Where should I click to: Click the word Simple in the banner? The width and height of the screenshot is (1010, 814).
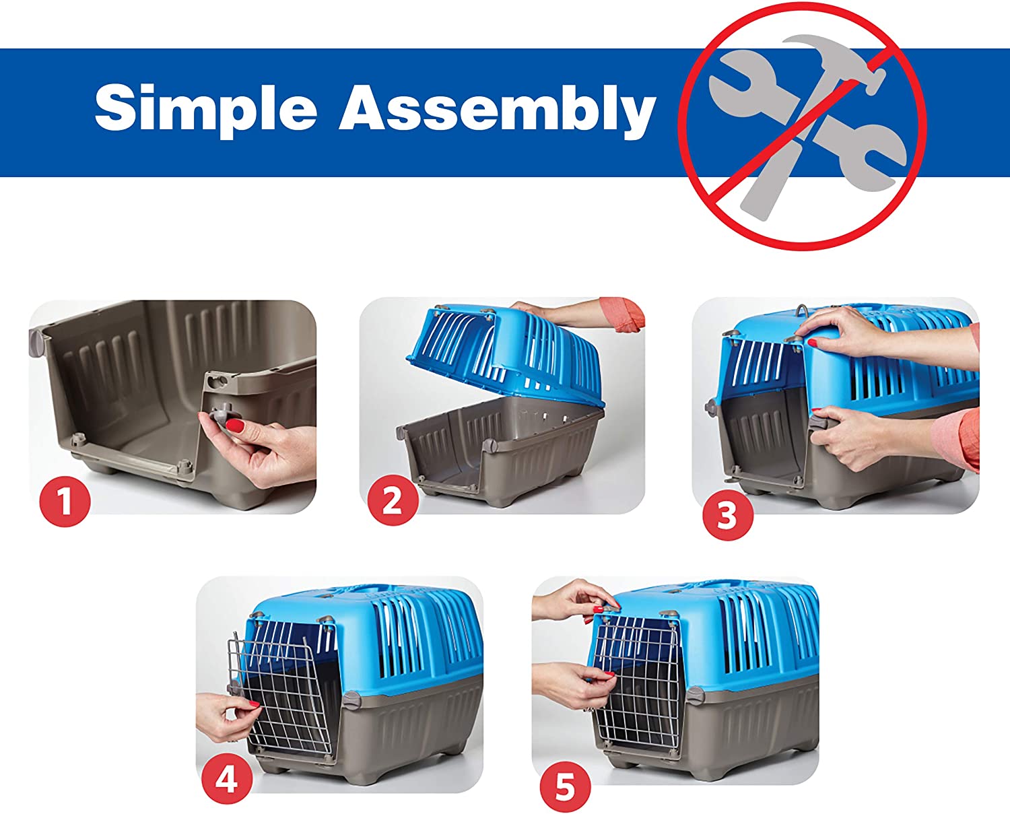[x=206, y=110]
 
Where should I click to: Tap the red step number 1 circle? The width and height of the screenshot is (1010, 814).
[x=65, y=501]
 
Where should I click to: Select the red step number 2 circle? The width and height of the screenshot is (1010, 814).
[x=393, y=500]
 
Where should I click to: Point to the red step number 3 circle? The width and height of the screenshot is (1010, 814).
[x=727, y=515]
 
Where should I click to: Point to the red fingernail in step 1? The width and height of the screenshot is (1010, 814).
[x=236, y=426]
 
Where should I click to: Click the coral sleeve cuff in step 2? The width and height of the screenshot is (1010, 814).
[x=624, y=313]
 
